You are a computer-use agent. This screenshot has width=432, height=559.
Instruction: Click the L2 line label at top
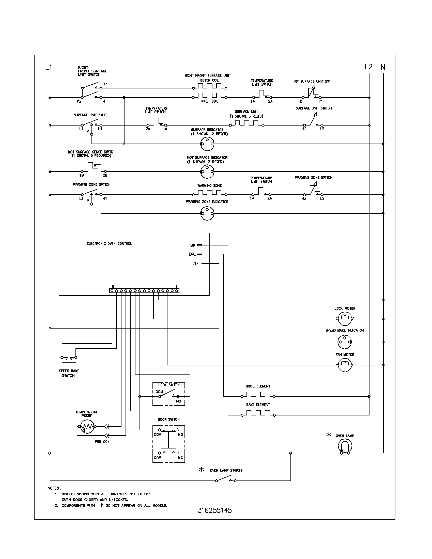(368, 67)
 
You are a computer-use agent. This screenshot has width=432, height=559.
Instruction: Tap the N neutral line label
(383, 67)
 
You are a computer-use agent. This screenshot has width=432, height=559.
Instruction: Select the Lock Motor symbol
(345, 319)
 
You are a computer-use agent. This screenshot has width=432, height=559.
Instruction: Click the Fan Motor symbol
(345, 365)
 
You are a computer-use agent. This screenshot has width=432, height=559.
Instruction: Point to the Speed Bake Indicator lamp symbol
(345, 342)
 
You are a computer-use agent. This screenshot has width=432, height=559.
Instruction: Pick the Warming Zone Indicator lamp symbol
(207, 213)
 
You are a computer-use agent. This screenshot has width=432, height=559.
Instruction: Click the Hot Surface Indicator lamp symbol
(207, 172)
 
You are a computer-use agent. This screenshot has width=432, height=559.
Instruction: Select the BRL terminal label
(192, 254)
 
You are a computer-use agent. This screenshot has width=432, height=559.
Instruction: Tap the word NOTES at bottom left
(54, 488)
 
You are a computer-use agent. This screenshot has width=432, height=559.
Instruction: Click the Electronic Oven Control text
(109, 244)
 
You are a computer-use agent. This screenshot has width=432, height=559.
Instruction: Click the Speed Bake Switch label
(69, 373)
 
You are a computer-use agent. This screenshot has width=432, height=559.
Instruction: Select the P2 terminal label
(79, 101)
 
